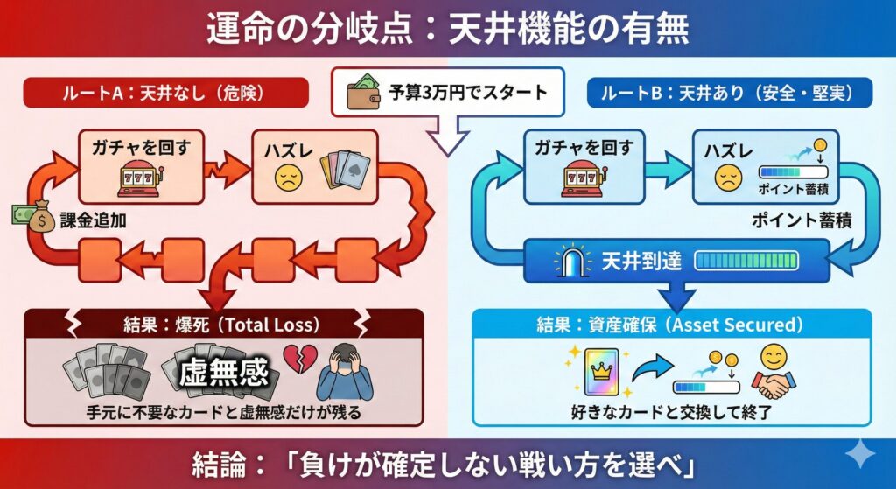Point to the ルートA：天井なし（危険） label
tap(165, 93)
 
